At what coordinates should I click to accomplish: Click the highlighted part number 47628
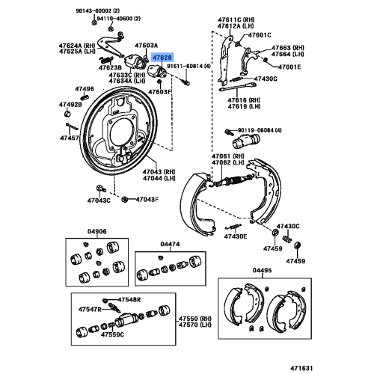click(x=162, y=57)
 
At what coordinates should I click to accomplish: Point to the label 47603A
click(x=146, y=46)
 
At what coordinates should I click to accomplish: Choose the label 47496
click(x=86, y=89)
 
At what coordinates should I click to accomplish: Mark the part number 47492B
click(x=71, y=105)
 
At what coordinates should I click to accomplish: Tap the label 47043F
click(x=145, y=200)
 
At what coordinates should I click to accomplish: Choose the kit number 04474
click(x=170, y=245)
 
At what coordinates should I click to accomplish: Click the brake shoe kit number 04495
click(x=263, y=270)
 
